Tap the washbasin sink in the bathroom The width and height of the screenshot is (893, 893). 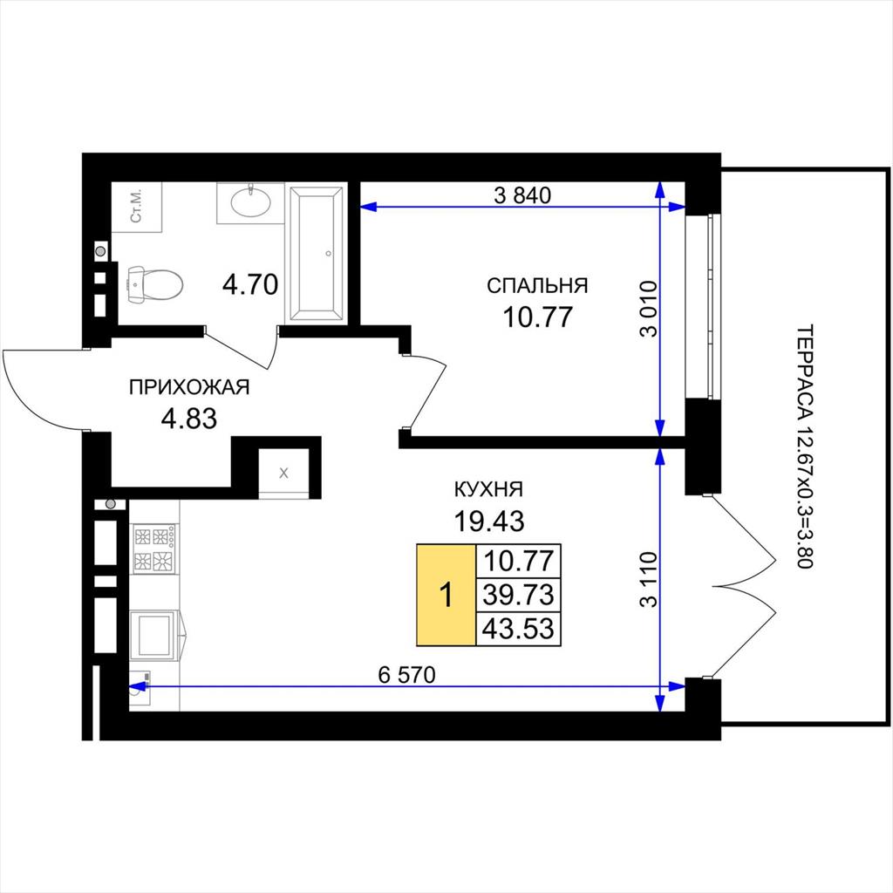click(x=250, y=202)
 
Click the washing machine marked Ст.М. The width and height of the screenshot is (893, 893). click(x=137, y=208)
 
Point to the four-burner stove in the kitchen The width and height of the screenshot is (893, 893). click(x=154, y=549)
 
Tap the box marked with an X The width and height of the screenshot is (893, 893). click(x=284, y=473)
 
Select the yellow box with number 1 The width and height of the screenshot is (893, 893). click(x=446, y=595)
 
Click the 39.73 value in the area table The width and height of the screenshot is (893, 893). click(x=518, y=595)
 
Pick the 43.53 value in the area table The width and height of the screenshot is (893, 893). click(x=518, y=629)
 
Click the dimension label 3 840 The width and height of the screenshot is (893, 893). click(x=523, y=195)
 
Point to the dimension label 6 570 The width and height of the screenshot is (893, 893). click(x=406, y=675)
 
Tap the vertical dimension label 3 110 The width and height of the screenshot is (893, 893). click(x=648, y=579)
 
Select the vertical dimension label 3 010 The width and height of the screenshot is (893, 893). click(x=648, y=309)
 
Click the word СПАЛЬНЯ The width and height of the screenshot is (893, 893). click(x=537, y=285)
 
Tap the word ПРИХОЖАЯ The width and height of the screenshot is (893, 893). click(x=189, y=387)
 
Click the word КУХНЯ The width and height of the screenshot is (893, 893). click(x=488, y=489)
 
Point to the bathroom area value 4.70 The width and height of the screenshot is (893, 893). click(x=250, y=285)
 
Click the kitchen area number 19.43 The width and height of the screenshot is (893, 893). click(x=488, y=521)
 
